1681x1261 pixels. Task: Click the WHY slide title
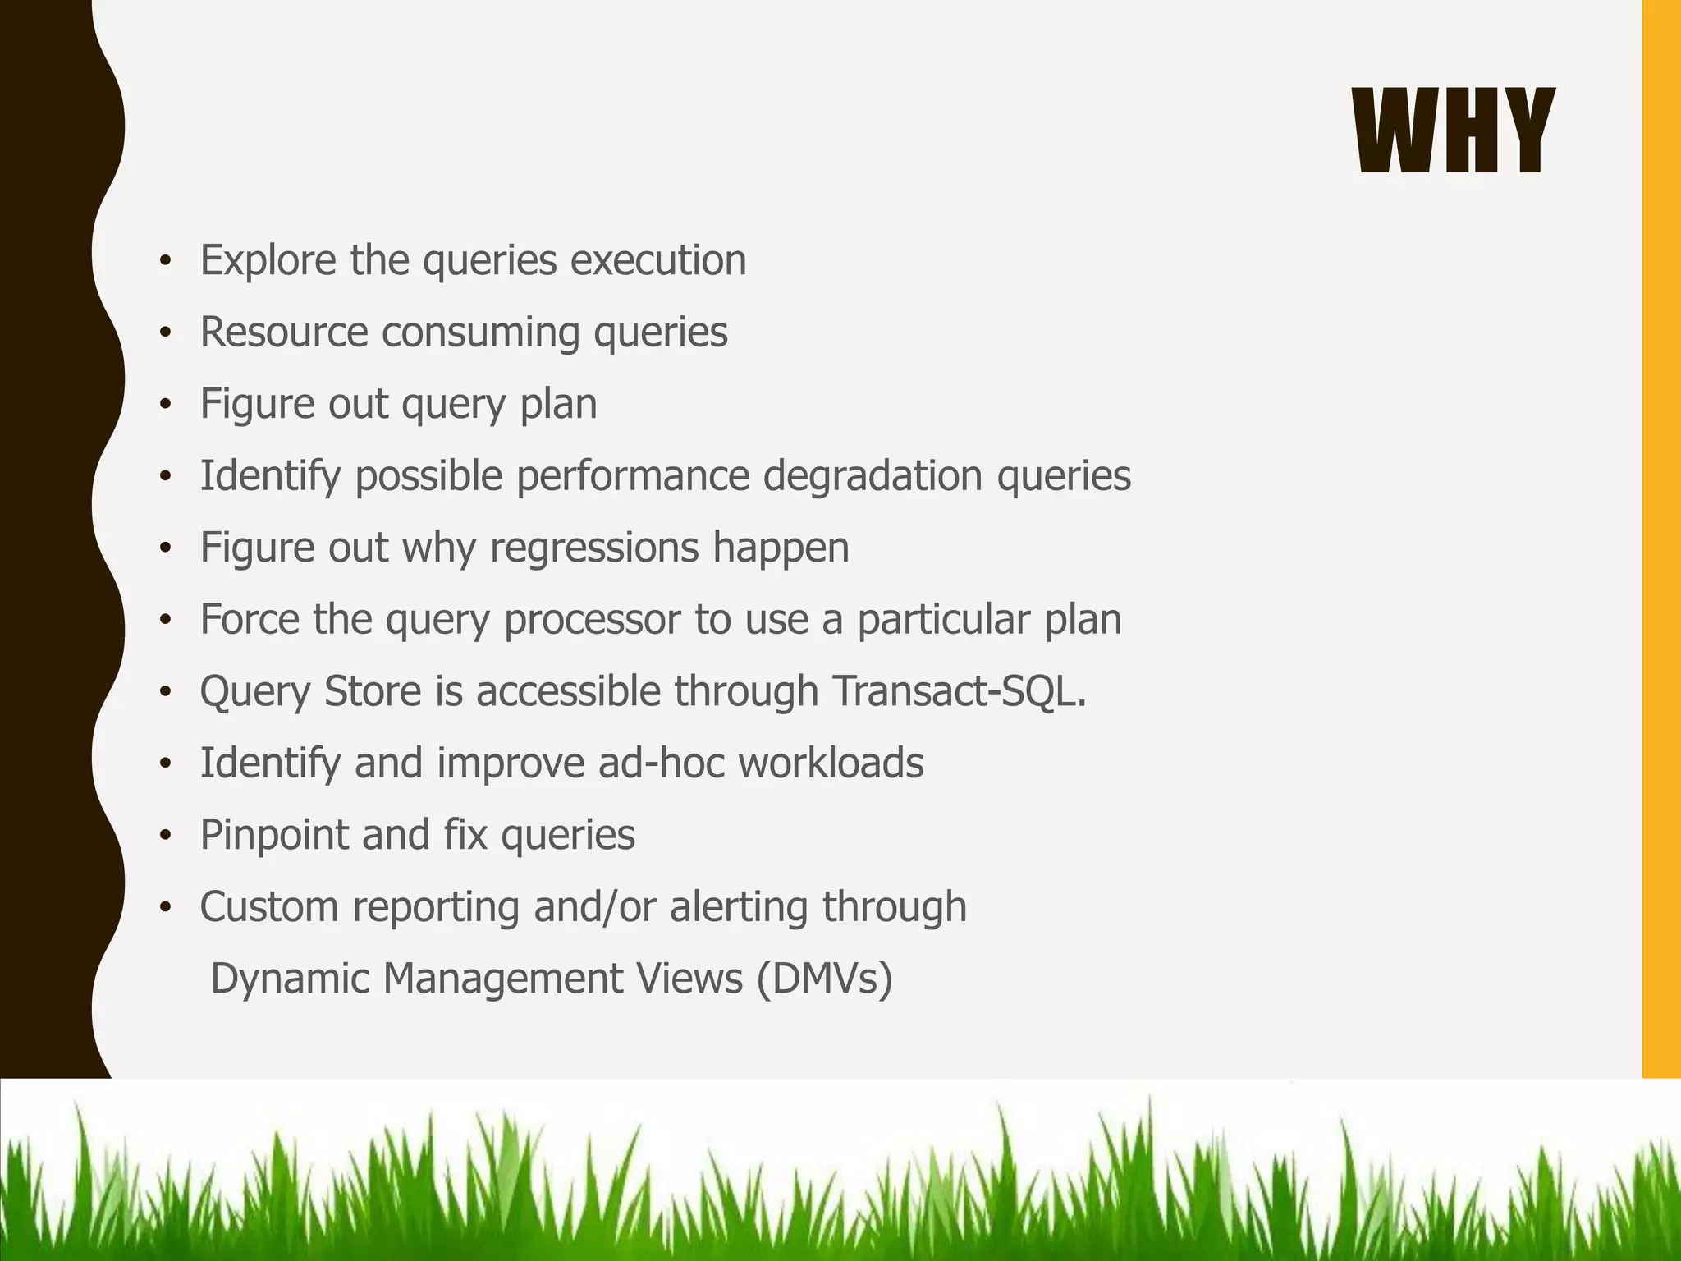[x=1453, y=131]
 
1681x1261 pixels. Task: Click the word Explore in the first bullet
[x=268, y=261]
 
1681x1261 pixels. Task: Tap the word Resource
[x=283, y=332]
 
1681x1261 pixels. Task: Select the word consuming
[x=479, y=332]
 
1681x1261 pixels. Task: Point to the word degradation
[x=873, y=476]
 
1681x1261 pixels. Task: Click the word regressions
[x=593, y=548]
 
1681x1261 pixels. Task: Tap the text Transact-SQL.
[x=959, y=691]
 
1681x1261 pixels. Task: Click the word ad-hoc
[x=661, y=763]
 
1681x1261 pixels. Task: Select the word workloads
[x=831, y=763]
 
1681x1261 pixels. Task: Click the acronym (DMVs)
[x=824, y=979]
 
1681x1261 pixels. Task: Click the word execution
[x=658, y=261]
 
